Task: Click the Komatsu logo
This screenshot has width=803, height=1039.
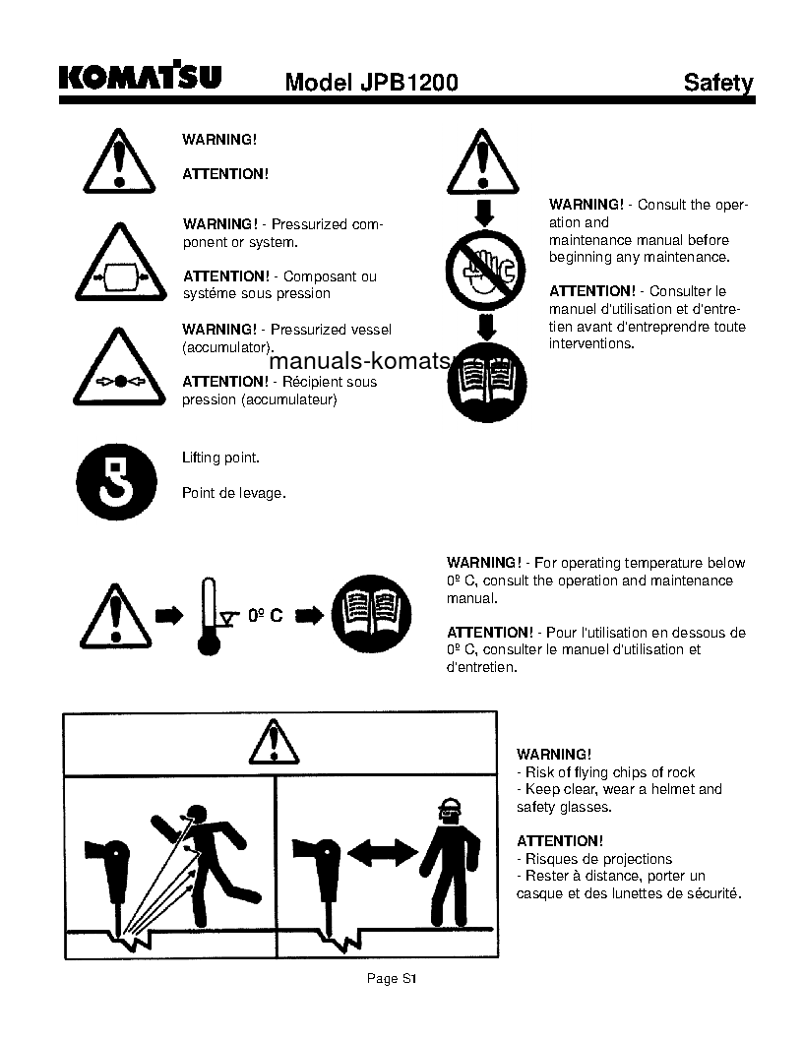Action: pos(140,77)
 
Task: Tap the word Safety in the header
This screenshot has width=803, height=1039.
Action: pos(718,83)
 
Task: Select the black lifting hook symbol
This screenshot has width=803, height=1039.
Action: pos(116,481)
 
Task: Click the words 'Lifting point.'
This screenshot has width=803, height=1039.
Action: pos(220,458)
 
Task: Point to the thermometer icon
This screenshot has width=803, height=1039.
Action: pos(208,615)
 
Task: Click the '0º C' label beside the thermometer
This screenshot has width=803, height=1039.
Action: pos(265,615)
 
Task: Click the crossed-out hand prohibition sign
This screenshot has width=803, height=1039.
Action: pos(485,268)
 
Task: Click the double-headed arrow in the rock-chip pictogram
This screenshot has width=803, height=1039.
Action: pos(382,853)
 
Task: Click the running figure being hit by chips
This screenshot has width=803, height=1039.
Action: pos(212,856)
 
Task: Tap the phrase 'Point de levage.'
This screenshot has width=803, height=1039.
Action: pos(233,493)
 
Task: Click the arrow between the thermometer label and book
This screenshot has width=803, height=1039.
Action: pos(311,615)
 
